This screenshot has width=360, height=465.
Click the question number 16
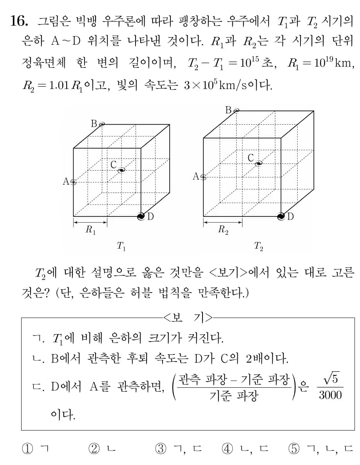tap(19, 22)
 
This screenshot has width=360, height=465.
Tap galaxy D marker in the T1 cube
tap(141, 216)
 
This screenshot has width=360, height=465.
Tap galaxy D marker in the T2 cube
tap(281, 216)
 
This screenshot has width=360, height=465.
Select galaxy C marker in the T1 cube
tap(121, 169)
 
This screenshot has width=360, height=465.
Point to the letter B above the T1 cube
tap(94, 124)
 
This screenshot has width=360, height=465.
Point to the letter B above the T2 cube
tap(229, 110)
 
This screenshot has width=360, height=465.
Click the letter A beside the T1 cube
tap(66, 182)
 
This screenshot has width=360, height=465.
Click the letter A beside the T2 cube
tap(196, 177)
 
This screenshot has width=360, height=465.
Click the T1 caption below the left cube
tap(121, 247)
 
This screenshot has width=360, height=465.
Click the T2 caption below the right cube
tap(258, 247)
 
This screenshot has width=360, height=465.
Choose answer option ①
tap(27, 449)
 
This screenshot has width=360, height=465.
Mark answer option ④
tap(227, 449)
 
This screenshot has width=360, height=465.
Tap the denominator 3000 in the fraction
tap(330, 395)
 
